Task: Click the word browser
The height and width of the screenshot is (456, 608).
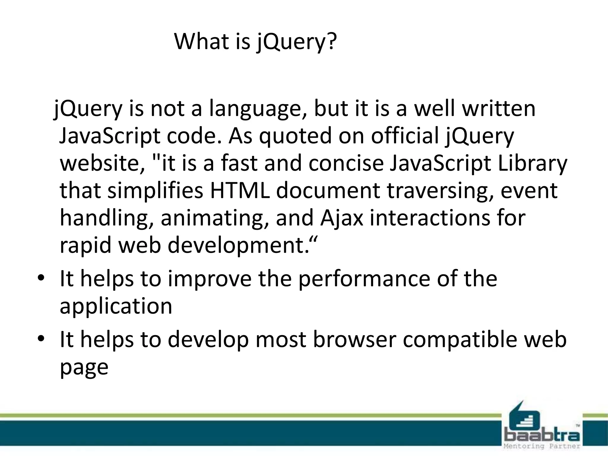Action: [354, 340]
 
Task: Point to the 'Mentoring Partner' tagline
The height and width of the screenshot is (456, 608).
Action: [542, 446]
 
